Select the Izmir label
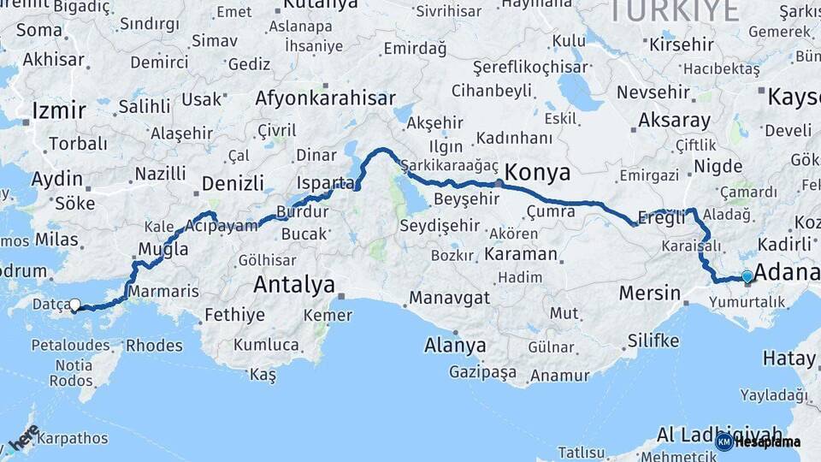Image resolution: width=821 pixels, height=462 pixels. point(58,110)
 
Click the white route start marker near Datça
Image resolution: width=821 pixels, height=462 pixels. point(75,305)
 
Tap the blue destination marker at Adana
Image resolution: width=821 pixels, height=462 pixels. point(747,276)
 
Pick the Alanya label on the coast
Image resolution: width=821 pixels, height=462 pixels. point(455,346)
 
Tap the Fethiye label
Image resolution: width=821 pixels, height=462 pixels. point(234,315)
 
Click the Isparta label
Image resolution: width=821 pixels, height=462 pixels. point(325,184)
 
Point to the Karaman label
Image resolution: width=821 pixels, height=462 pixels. point(520,254)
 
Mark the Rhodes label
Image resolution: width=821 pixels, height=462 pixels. point(154,346)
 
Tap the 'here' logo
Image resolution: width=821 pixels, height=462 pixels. point(24,438)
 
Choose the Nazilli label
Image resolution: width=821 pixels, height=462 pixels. point(160,174)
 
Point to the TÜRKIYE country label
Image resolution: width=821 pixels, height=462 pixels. point(674,11)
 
